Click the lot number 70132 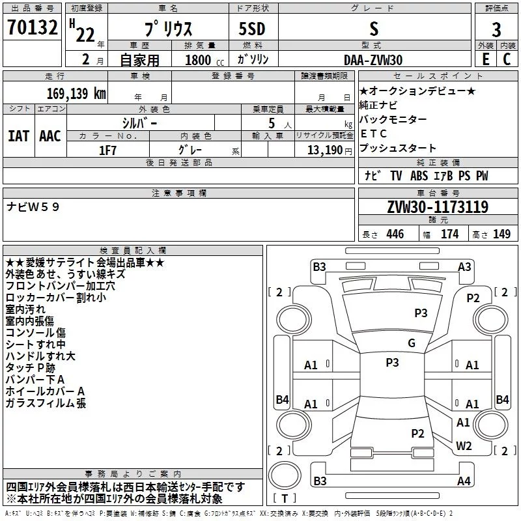[32, 27]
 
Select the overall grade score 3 [496, 30]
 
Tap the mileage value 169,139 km [76, 93]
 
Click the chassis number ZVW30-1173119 [438, 206]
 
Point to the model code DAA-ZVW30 [373, 60]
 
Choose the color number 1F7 [107, 150]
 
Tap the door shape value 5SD [252, 29]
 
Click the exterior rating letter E [485, 59]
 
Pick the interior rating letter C [507, 59]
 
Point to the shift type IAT [18, 136]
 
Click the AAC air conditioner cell [50, 136]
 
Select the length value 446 [395, 234]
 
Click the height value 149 [501, 234]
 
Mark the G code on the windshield [412, 343]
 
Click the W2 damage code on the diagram [464, 445]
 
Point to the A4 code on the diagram [464, 481]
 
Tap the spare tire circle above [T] [285, 475]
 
